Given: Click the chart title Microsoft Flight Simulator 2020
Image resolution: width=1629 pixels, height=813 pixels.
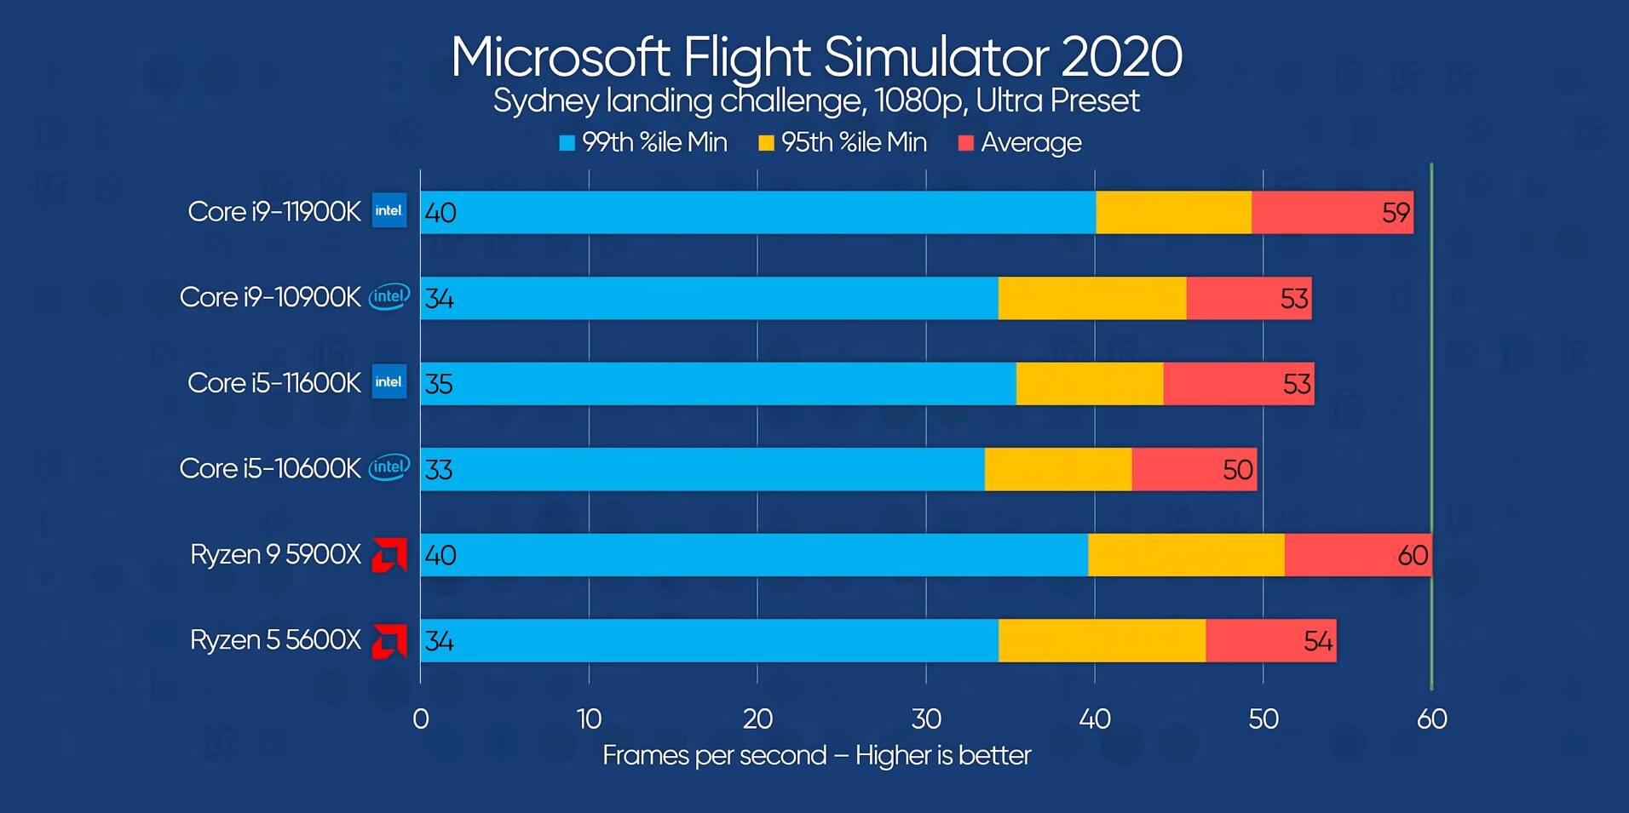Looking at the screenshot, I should pos(816,56).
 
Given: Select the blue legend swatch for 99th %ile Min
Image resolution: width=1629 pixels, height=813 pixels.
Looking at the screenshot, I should pos(567,143).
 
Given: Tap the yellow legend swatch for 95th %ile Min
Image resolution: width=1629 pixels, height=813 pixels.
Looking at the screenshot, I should pos(766,143).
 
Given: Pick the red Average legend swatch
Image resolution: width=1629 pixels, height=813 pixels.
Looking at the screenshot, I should pos(965,143).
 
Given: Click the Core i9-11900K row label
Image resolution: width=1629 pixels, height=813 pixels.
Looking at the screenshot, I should pos(273,211).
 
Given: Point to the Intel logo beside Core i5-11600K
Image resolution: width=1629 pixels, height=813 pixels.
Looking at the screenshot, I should pos(389,382).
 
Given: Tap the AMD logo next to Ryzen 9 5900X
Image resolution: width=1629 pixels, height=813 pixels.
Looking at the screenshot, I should pos(389,555).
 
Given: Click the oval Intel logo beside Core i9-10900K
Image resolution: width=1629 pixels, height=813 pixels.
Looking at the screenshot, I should pos(389,296).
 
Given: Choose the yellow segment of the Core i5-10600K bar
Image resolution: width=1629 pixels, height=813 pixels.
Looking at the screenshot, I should pos(1057,469).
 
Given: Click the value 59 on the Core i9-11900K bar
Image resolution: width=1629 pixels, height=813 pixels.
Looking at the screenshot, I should pos(1396,213).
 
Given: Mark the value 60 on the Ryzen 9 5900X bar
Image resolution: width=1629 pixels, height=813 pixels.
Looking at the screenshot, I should pos(1413,555).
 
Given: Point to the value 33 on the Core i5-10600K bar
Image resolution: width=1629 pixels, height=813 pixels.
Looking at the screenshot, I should pos(439,470).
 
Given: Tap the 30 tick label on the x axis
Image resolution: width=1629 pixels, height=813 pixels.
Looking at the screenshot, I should pos(926,719).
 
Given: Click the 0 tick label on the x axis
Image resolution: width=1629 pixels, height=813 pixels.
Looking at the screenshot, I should pos(420,719).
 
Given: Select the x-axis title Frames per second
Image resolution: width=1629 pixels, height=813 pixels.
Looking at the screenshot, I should pos(714,755).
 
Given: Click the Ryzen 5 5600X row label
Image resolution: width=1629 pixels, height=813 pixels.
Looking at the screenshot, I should pos(275,639).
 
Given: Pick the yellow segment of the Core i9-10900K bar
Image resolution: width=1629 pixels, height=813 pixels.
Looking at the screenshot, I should pos(1091,298).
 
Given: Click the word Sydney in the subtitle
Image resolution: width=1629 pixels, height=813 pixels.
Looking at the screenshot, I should pos(546,101).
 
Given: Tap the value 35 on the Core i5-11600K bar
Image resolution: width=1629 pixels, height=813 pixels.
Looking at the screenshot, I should pos(439,384).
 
